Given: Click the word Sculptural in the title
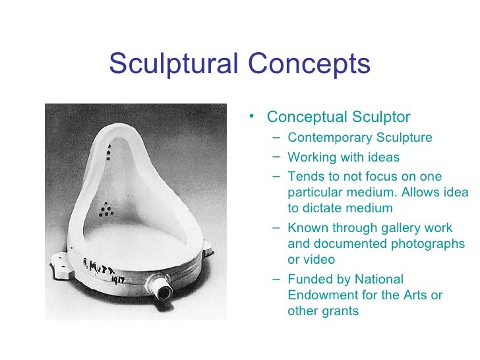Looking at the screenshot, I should tap(175, 64).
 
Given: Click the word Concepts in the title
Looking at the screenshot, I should tap(309, 64).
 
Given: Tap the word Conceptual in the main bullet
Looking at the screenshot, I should tap(305, 117).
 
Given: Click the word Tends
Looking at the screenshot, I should tap(305, 177).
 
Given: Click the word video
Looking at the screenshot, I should tap(320, 260).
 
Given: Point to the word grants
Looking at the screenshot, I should tap(341, 311).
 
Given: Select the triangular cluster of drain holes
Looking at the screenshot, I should tap(105, 210).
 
